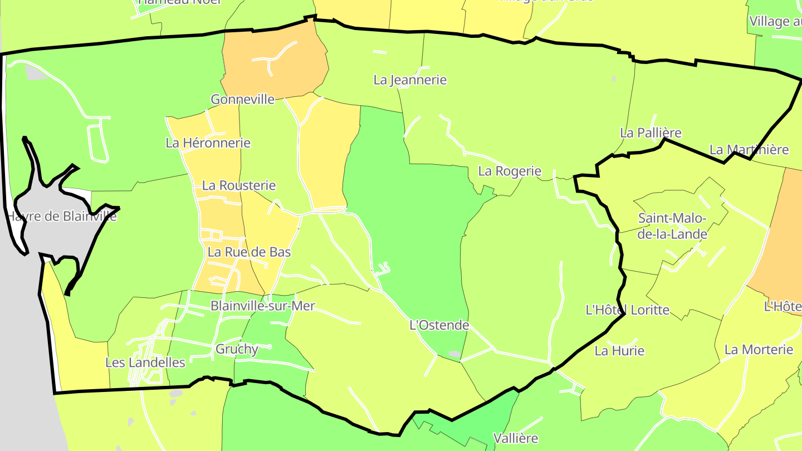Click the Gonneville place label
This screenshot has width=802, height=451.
242,100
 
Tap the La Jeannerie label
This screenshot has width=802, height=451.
410,80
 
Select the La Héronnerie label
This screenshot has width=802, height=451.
208,143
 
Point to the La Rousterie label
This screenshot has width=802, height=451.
239,185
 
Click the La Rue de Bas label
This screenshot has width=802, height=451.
249,252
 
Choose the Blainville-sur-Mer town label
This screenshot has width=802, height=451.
262,306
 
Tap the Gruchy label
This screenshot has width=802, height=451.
237,349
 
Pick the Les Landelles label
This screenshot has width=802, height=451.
145,362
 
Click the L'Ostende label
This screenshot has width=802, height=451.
439,325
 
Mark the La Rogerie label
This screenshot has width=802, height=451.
510,171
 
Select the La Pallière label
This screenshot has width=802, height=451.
651,133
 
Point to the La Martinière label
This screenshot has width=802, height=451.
749,150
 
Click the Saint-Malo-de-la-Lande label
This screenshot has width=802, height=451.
672,226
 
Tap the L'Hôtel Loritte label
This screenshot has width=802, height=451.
628,310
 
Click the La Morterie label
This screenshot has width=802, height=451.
759,350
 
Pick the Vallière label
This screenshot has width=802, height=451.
516,438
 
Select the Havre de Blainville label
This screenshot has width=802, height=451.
62,216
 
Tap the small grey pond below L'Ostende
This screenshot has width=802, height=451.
454,354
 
